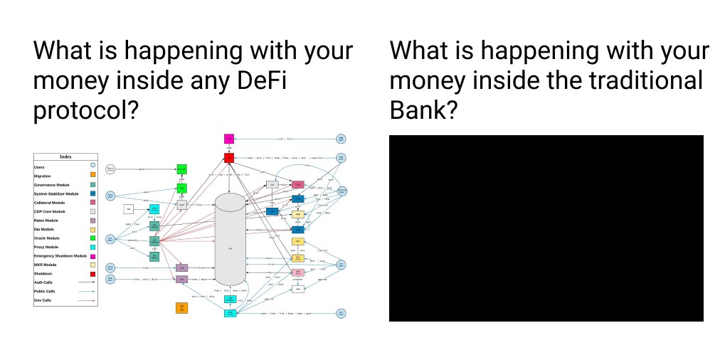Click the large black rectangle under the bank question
(546, 228)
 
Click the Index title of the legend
(65, 157)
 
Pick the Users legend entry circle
(92, 166)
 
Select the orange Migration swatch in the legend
(92, 176)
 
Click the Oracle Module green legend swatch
(92, 238)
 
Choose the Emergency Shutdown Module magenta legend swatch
(92, 256)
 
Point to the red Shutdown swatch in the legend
(92, 274)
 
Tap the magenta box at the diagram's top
(229, 138)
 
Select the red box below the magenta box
(229, 157)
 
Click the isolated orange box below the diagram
(182, 308)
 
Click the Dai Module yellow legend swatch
(92, 229)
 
